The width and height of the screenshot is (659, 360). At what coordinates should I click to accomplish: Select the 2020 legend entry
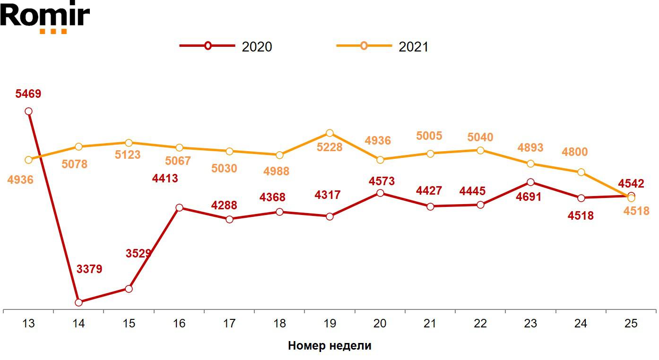(x=226, y=46)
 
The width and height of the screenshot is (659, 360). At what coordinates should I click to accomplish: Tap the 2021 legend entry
(x=382, y=46)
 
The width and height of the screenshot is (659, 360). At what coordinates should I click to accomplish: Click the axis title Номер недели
(x=329, y=346)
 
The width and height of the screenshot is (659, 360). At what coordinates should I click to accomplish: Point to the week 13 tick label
(x=28, y=324)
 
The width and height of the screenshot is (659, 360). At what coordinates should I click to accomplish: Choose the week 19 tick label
(x=329, y=324)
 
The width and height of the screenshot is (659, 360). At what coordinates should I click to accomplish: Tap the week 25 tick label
(x=631, y=324)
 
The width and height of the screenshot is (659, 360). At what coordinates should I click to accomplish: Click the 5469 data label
(x=28, y=94)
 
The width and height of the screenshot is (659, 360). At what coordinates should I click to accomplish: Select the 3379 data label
(x=89, y=269)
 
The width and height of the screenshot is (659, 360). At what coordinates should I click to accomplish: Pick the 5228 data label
(x=329, y=147)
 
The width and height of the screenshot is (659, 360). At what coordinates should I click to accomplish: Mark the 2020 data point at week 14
(x=78, y=302)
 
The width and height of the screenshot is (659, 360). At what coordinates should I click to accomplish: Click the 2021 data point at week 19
(x=329, y=133)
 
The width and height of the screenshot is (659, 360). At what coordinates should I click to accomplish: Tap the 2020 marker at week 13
(x=28, y=111)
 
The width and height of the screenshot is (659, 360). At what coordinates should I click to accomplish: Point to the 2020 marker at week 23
(x=530, y=182)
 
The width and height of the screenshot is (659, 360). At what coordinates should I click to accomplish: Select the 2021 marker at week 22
(x=480, y=150)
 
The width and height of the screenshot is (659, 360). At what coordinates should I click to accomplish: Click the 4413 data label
(x=165, y=179)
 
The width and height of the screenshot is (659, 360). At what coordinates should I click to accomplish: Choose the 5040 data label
(x=480, y=137)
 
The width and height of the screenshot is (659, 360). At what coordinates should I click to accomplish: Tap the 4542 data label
(x=631, y=184)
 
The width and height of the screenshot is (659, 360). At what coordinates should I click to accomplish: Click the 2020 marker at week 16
(x=179, y=208)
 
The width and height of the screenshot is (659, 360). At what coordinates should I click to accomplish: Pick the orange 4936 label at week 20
(x=378, y=140)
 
